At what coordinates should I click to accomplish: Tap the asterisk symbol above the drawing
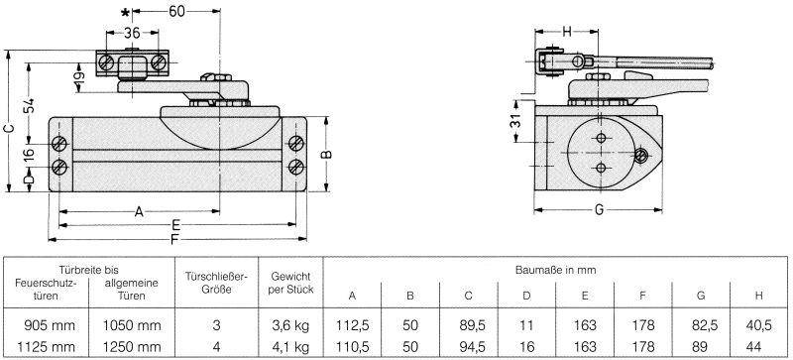[x=124, y=13]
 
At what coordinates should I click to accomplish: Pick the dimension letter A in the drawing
[x=139, y=210]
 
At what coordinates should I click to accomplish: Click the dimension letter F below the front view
[x=174, y=239]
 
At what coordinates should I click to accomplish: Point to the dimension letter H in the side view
[x=566, y=31]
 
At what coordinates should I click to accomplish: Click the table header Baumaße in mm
[x=554, y=269]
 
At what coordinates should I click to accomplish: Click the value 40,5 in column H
[x=758, y=324]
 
